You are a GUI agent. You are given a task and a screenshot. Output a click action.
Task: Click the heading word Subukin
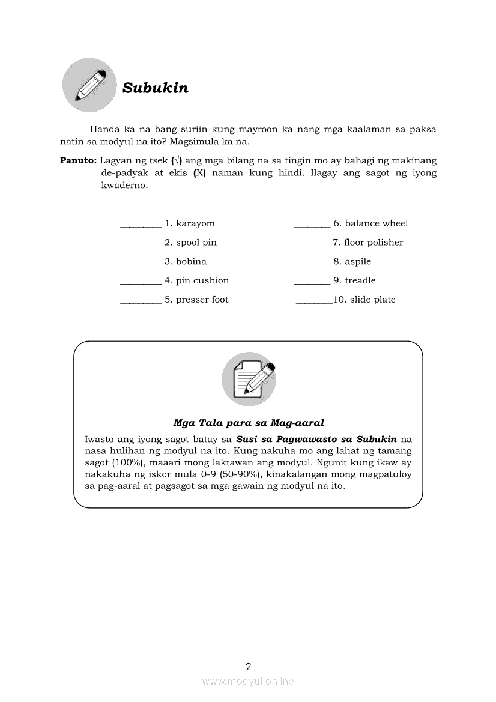(155, 88)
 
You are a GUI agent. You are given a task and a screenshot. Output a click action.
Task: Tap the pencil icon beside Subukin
(89, 85)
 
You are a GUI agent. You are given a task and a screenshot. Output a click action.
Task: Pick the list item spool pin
(196, 243)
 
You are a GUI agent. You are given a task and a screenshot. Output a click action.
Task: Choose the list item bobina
(191, 262)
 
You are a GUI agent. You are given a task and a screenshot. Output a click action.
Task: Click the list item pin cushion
(202, 280)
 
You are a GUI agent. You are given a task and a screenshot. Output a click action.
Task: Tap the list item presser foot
(202, 300)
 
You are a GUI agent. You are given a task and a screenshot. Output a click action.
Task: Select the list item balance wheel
(376, 223)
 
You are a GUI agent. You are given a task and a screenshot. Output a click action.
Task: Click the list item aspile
(358, 262)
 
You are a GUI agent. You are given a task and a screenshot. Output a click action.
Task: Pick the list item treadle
(360, 280)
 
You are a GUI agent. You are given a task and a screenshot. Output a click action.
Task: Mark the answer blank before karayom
(141, 226)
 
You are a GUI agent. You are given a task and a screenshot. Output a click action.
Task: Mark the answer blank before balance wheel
(312, 226)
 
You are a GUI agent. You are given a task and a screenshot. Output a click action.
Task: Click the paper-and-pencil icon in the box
(249, 379)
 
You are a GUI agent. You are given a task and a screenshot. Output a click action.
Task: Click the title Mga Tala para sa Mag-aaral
(249, 423)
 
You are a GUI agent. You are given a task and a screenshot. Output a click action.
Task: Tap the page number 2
(249, 667)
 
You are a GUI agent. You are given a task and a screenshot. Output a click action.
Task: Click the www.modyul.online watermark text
(248, 682)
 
